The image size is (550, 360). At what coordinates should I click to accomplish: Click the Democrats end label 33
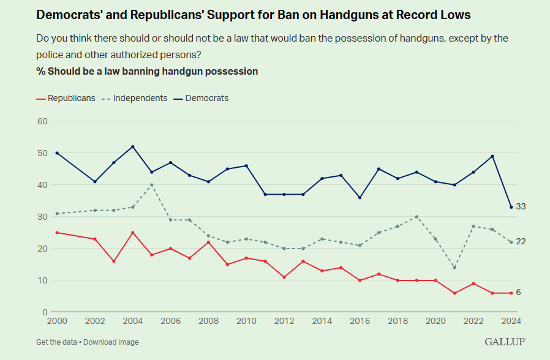(521, 207)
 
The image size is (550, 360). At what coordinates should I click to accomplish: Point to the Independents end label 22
(521, 242)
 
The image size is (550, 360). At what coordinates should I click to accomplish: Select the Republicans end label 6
(518, 293)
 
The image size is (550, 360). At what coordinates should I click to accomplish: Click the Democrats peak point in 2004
(133, 146)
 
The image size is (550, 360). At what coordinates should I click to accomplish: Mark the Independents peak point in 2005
(152, 184)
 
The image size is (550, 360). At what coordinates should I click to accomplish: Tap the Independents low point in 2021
(454, 268)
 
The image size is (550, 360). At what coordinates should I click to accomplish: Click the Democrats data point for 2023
(492, 156)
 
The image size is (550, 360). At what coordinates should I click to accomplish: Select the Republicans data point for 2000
(57, 233)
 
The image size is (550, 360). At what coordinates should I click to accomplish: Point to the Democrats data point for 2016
(360, 197)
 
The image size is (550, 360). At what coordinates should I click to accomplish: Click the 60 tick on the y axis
(42, 121)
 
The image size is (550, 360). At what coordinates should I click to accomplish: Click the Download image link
(113, 342)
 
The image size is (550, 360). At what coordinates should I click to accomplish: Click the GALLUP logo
(505, 342)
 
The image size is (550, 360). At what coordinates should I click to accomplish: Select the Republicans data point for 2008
(209, 242)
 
